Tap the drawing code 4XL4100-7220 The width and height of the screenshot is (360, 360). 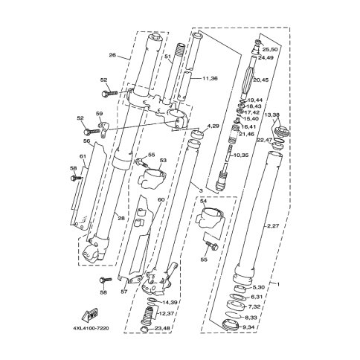point(91,328)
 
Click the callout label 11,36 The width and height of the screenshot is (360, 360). point(210,79)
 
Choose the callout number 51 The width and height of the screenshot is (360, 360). point(168,57)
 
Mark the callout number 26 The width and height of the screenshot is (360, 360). point(112,55)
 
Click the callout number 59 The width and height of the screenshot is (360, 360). point(100,114)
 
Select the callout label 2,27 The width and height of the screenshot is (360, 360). point(273,226)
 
